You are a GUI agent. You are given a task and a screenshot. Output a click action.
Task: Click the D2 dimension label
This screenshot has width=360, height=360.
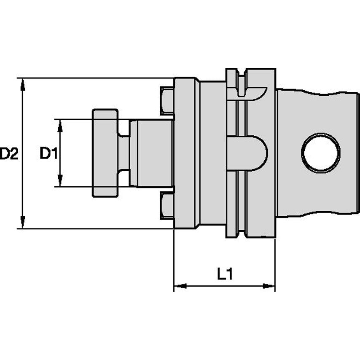point(9,154)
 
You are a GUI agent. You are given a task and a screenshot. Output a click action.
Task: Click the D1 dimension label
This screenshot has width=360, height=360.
point(48,154)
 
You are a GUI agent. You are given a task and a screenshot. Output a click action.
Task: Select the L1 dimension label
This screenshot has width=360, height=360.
point(225,274)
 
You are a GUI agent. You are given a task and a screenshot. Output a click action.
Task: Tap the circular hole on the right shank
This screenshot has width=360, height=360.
point(321,153)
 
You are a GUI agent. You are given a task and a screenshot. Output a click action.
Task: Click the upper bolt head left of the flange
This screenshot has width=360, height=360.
point(167,101)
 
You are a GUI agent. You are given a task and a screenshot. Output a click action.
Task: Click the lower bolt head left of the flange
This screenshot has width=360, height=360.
point(167,205)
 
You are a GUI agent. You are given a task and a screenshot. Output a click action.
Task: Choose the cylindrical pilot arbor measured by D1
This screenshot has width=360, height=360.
point(151,153)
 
